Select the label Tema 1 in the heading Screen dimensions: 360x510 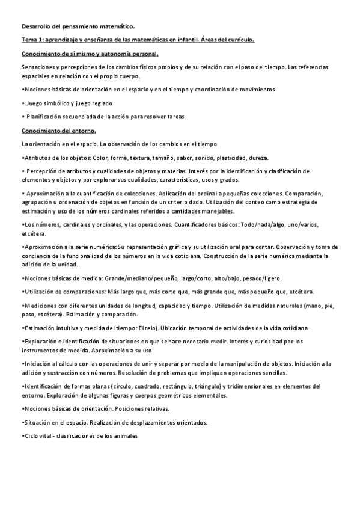(32, 40)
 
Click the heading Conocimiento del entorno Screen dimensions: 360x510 (58, 130)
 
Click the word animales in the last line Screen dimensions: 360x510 (126, 435)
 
